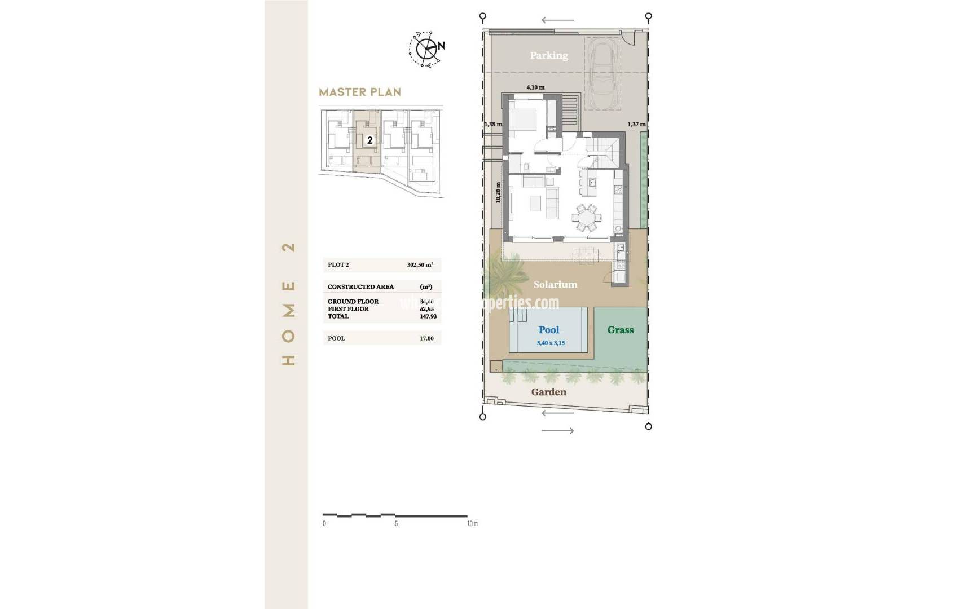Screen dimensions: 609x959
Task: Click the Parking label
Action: (x=548, y=55)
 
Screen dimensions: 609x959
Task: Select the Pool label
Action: (x=548, y=330)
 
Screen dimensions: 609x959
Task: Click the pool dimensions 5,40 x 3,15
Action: (x=551, y=343)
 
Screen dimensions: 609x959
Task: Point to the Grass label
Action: (x=620, y=330)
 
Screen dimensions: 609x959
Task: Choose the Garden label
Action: (x=548, y=392)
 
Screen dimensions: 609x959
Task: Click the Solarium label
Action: (x=555, y=285)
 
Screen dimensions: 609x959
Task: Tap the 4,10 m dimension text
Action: (x=535, y=87)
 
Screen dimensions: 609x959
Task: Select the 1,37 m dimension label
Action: (x=636, y=125)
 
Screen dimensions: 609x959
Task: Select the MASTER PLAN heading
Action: (x=360, y=92)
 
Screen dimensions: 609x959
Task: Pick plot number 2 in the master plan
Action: (x=369, y=140)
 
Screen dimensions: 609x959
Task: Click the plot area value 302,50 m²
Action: (x=420, y=264)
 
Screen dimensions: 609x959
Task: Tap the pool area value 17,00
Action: (x=426, y=338)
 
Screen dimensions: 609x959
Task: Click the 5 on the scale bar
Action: (x=396, y=524)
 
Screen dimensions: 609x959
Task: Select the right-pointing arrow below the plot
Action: (x=557, y=431)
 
